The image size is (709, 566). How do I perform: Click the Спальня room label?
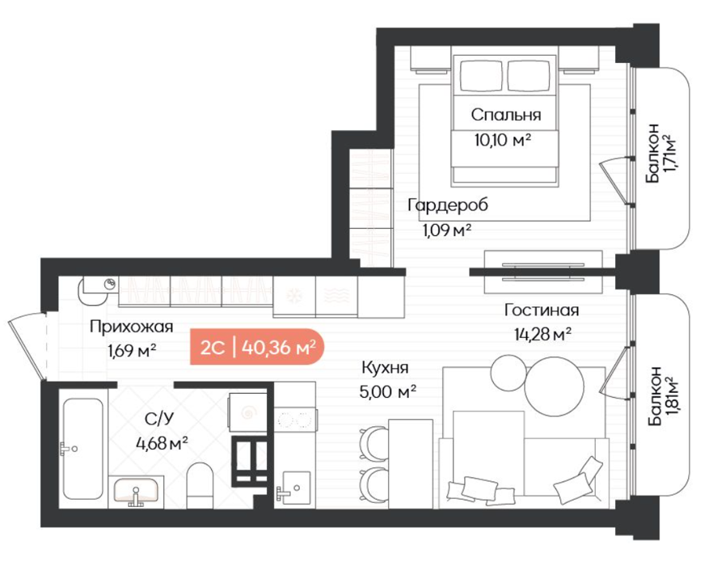506,115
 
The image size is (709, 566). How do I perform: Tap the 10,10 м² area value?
502,140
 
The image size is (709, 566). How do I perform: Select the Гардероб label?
448,205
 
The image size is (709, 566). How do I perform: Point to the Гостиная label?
542,310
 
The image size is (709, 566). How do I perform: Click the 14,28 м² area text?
542,334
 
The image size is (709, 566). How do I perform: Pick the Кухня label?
386,368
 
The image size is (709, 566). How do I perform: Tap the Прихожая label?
131,327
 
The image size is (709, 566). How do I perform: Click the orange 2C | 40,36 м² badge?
257,347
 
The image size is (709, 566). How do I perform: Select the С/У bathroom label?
158,419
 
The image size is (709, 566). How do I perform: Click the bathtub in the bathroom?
82,449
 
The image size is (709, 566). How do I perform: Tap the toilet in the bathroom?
200,485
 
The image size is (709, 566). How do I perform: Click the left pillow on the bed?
482,75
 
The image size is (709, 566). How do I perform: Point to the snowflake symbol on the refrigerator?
294,296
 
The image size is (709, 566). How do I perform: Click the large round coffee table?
555,386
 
